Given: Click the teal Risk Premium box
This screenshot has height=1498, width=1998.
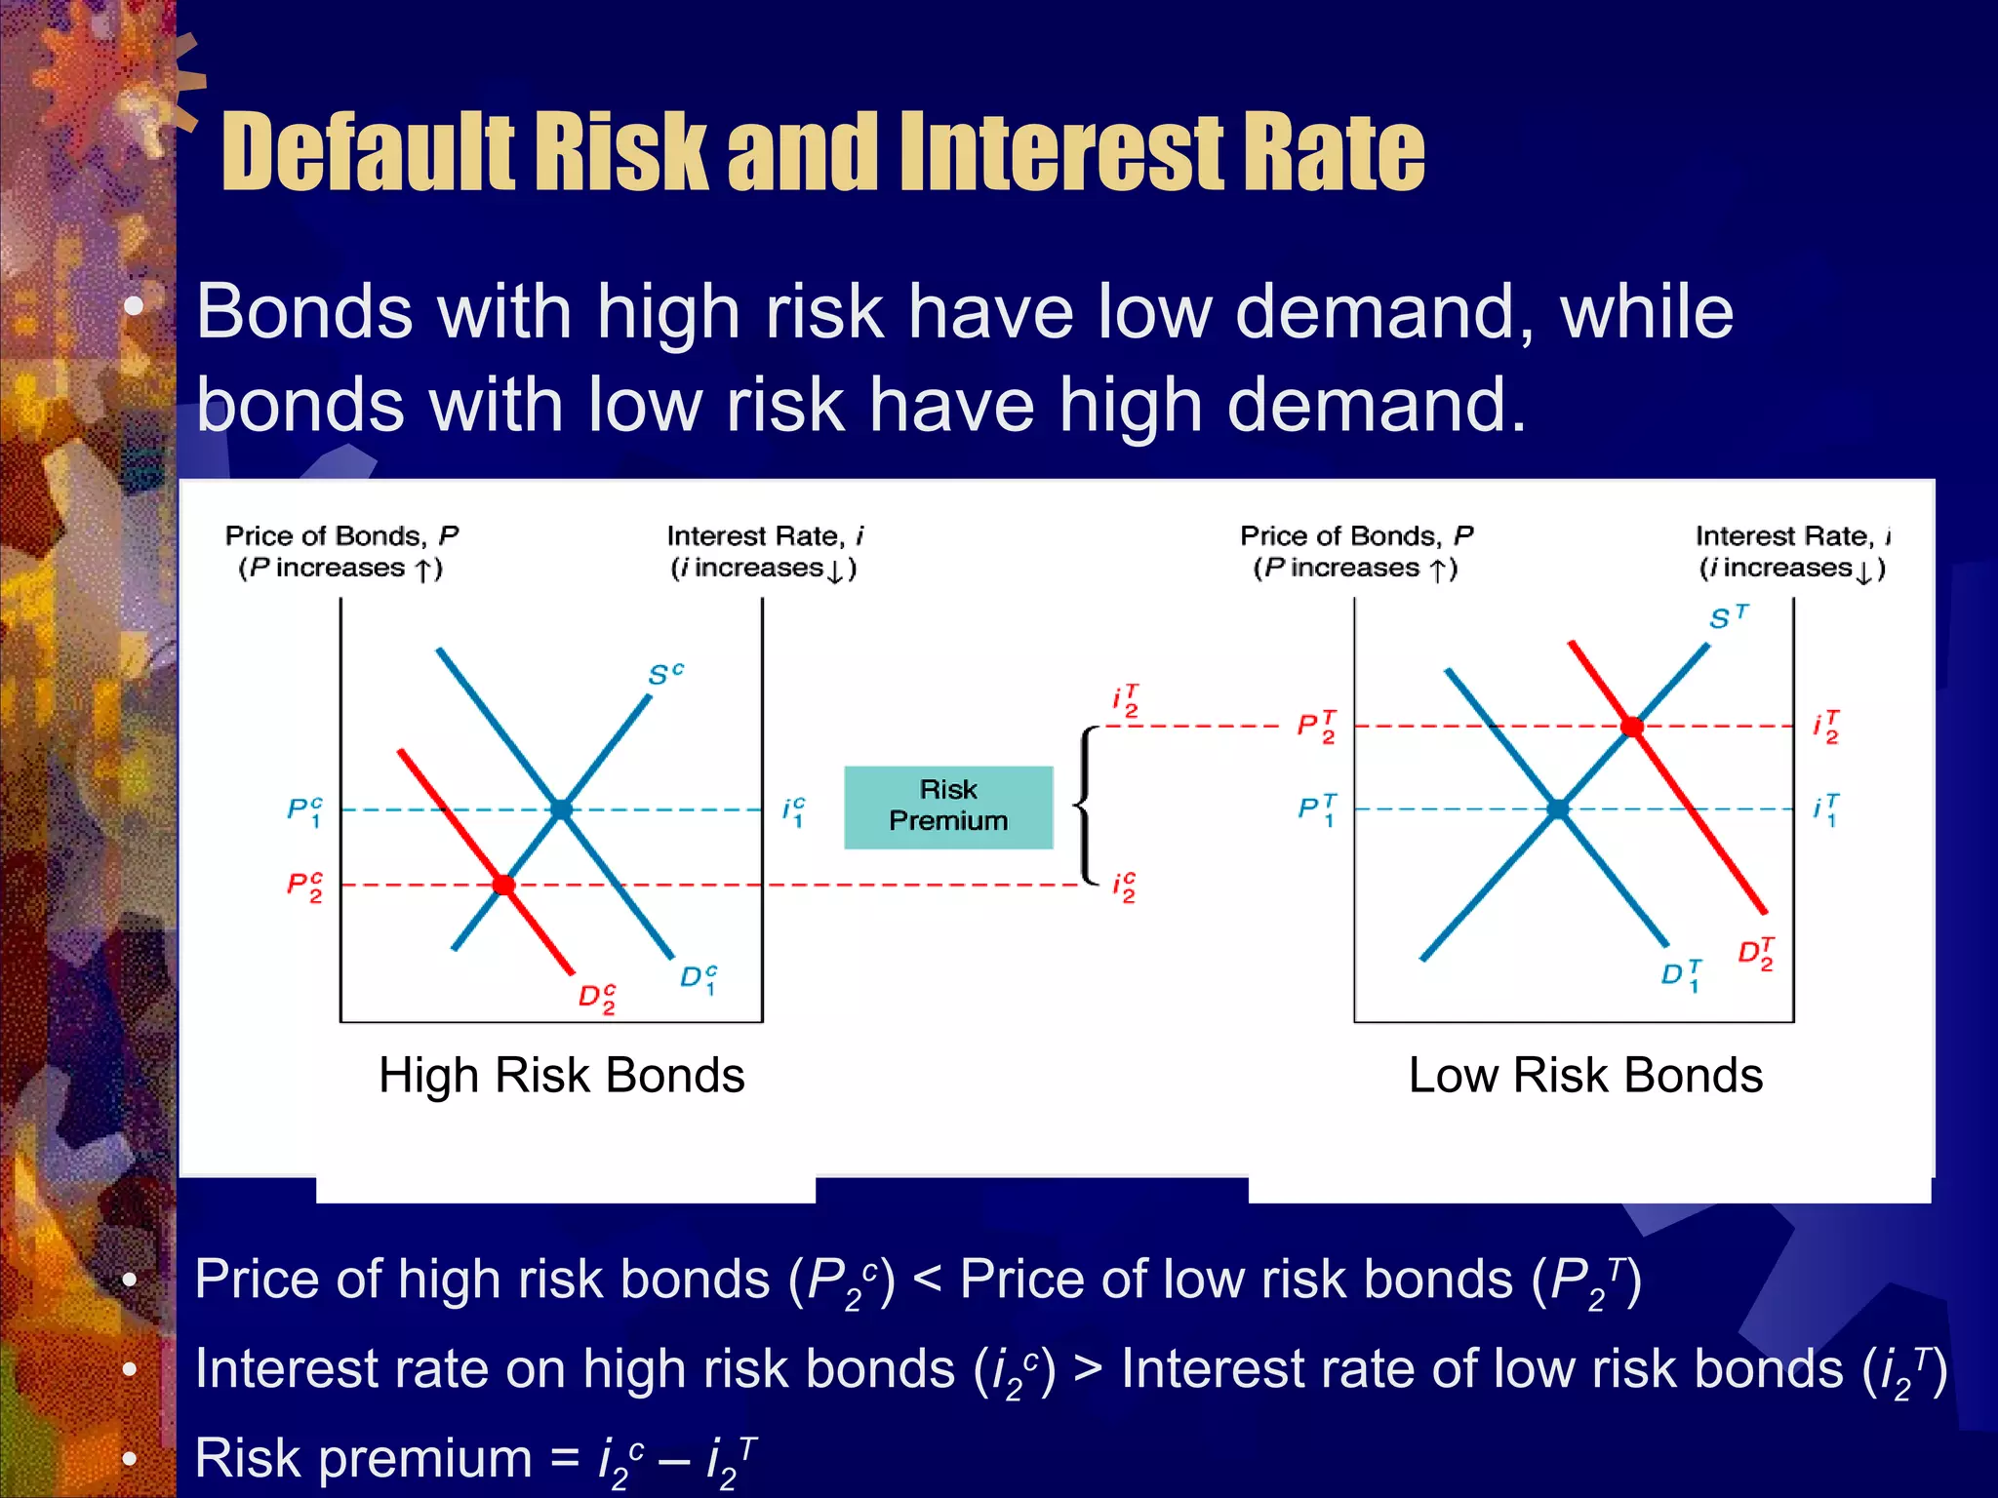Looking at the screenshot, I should point(948,807).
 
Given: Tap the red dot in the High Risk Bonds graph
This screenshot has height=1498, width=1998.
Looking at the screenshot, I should point(503,885).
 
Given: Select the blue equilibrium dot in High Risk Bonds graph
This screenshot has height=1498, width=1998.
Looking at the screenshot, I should point(561,808).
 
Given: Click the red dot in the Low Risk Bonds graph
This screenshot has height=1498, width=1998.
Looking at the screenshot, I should point(1632,727).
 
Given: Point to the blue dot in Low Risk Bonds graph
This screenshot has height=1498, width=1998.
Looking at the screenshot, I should point(1559,808).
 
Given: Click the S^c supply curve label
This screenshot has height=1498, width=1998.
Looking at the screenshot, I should point(665,674).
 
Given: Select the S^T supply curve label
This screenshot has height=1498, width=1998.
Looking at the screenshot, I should point(1729,617).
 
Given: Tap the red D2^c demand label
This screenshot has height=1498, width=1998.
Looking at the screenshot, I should point(596,998).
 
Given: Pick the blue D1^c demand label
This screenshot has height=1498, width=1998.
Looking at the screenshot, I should point(699,978).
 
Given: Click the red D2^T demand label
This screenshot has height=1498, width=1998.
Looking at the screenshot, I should point(1756,953).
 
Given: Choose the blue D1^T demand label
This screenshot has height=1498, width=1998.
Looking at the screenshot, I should point(1681,974).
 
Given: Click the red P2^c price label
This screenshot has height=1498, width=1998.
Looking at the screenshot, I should point(303,887).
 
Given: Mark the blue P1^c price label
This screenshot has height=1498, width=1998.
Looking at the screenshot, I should point(303,810).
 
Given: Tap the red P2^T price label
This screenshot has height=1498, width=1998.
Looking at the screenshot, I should point(1316,727).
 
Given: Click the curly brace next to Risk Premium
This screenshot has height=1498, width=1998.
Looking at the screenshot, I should point(1085,806).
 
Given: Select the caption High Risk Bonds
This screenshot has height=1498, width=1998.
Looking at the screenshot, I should point(561,1076).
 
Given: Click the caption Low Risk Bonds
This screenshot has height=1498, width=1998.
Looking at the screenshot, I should point(1585,1076).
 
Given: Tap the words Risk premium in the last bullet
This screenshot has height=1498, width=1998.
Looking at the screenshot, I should point(362,1458).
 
